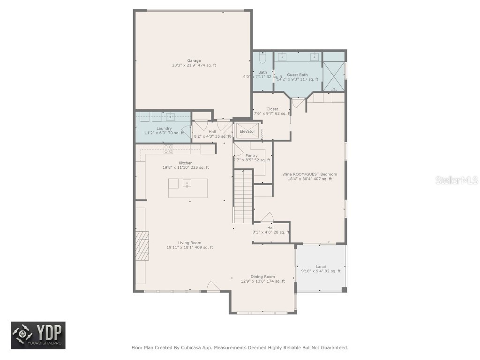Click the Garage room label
click(194, 60)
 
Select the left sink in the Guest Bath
click(283, 57)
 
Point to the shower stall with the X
click(334, 76)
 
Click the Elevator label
click(247, 132)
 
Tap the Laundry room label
click(164, 128)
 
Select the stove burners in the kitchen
click(168, 149)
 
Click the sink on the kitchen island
click(187, 184)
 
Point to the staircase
click(243, 197)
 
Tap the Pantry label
click(251, 156)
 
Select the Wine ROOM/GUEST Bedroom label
click(309, 174)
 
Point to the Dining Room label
click(262, 277)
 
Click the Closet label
click(272, 109)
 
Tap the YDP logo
click(38, 336)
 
